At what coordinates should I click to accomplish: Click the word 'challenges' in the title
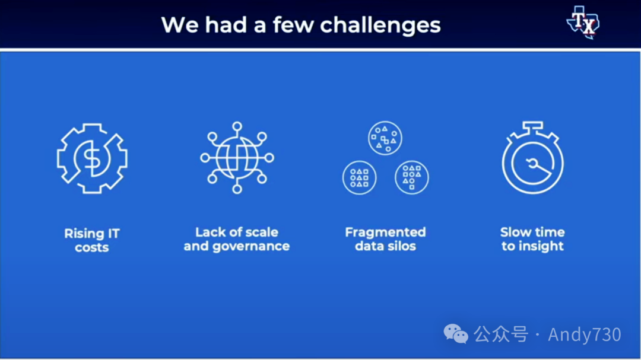pos(380,26)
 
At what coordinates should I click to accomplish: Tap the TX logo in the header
pos(583,23)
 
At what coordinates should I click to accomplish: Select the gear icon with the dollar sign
pos(92,158)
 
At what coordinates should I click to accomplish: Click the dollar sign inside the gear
pos(92,158)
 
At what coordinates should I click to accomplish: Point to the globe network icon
pos(237,157)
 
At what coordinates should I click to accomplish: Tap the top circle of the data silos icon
pos(385,138)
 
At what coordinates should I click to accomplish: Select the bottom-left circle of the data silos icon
pos(359,177)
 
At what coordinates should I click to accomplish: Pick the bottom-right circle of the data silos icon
pos(412,177)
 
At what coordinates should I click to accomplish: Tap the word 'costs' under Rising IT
pos(91,248)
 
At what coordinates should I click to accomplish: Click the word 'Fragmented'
pos(386,232)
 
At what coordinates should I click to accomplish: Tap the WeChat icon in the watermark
pos(456,334)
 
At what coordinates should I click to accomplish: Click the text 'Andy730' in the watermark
pos(585,334)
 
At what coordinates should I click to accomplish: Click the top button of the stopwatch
pos(532,126)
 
